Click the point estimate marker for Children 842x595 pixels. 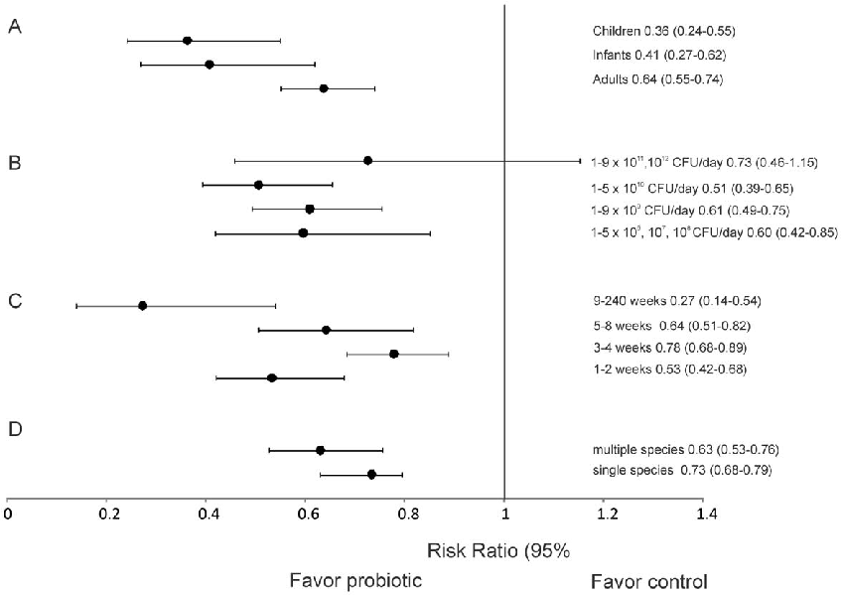click(x=188, y=41)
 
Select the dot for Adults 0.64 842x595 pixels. click(x=324, y=88)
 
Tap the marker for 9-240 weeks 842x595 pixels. click(x=142, y=305)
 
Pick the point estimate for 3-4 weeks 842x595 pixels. click(x=394, y=354)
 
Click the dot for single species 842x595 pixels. click(x=371, y=475)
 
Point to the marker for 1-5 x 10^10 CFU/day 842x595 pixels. click(x=258, y=185)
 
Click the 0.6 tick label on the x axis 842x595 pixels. click(x=308, y=515)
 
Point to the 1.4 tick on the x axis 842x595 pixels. click(x=705, y=515)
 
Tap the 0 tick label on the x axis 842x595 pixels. click(x=8, y=515)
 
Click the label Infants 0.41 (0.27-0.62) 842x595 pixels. click(x=660, y=54)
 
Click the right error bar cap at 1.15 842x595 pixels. click(x=580, y=160)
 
